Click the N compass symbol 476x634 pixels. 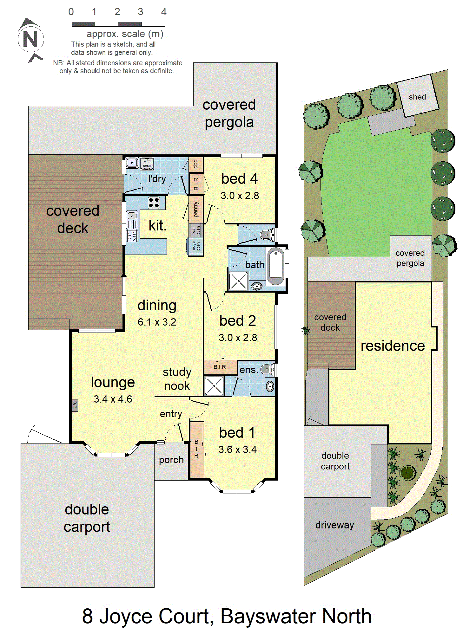click(x=30, y=40)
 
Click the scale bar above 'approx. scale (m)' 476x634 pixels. click(x=118, y=24)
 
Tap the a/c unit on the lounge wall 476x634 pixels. click(x=75, y=405)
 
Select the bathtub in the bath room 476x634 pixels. click(x=276, y=267)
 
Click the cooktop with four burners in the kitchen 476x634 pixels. click(x=154, y=203)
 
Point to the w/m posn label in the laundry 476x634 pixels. click(x=147, y=163)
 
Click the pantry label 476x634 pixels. click(x=196, y=210)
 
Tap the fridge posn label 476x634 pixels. click(x=196, y=246)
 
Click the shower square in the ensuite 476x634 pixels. click(x=214, y=386)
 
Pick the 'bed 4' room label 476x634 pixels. click(x=240, y=179)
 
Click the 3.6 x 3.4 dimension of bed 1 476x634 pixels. click(x=237, y=450)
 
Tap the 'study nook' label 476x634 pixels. click(x=177, y=379)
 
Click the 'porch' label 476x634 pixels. click(x=171, y=460)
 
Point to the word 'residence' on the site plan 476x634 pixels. click(x=393, y=346)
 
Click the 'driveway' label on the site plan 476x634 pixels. click(x=335, y=525)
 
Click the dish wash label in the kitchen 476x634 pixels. click(x=132, y=236)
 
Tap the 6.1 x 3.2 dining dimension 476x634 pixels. click(x=157, y=322)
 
